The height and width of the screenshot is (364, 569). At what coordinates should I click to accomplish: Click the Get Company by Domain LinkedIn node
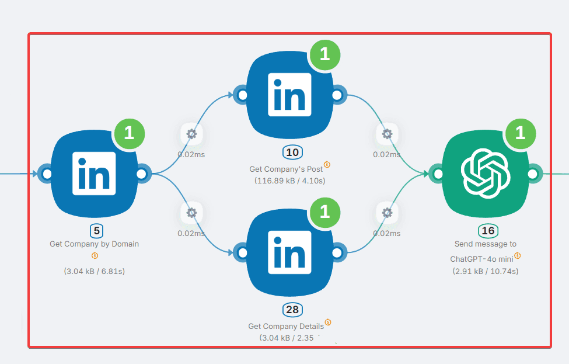point(94,174)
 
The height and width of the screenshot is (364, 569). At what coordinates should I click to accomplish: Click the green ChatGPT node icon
point(486,174)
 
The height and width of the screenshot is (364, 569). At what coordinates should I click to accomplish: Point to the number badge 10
point(293,153)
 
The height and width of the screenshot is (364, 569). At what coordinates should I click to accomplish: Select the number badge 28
point(293,310)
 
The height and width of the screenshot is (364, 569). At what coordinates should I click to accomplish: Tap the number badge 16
point(488,231)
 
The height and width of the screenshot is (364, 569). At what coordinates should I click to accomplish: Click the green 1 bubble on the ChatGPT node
point(520,133)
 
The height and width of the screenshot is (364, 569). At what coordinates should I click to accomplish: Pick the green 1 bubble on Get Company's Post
point(325,54)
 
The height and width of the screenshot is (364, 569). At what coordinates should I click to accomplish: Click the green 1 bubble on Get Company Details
point(325,212)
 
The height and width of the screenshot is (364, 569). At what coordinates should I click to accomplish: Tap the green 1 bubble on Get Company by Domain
point(129,133)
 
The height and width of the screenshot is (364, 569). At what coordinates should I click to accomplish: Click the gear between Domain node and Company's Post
point(191,134)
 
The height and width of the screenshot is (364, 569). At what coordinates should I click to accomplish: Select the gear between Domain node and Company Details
point(191,213)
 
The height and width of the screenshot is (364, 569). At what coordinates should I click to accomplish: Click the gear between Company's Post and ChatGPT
point(387,134)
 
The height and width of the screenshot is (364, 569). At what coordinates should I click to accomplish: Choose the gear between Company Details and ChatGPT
point(387,213)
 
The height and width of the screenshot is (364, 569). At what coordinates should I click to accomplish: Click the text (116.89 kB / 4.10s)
point(290,181)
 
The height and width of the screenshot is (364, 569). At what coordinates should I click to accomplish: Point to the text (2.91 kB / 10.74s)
point(486,271)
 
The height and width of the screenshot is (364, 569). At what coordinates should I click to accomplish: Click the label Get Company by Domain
point(94,244)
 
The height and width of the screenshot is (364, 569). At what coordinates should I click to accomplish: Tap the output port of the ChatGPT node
point(532,174)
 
